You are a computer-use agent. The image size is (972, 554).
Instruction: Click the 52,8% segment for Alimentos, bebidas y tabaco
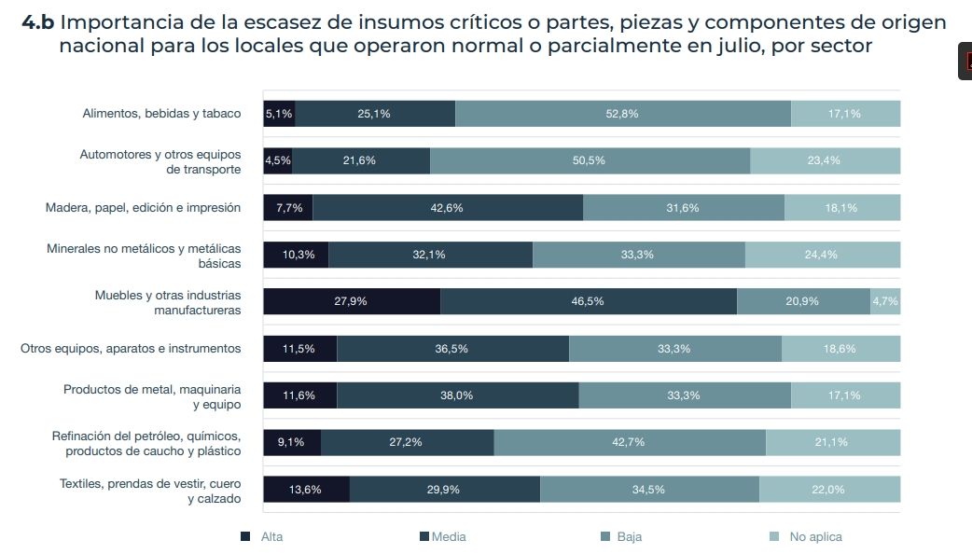(x=622, y=114)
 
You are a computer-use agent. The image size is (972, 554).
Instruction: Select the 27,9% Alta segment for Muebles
(x=351, y=301)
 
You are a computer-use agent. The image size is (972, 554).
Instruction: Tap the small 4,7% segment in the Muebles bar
(x=885, y=301)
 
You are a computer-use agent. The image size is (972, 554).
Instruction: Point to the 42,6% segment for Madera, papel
(x=447, y=208)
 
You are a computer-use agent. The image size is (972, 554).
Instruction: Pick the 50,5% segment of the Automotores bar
(x=589, y=160)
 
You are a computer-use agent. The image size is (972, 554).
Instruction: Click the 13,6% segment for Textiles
(x=306, y=490)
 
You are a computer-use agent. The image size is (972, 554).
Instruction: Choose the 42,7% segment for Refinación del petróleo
(x=629, y=442)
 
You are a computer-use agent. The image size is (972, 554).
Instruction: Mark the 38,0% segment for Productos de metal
(x=457, y=395)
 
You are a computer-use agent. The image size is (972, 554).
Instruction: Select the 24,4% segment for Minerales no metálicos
(x=822, y=255)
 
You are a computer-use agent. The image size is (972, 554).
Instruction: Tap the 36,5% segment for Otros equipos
(x=451, y=349)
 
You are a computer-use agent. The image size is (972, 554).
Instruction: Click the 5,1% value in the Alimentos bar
(x=279, y=114)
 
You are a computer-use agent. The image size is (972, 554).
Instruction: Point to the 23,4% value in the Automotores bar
(x=824, y=160)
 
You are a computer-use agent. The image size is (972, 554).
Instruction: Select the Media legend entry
(x=443, y=537)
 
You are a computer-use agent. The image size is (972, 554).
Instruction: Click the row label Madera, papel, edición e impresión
(x=143, y=208)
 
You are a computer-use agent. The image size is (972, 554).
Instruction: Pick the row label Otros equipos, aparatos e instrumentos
(x=131, y=349)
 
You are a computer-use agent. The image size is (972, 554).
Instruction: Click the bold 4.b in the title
(x=37, y=22)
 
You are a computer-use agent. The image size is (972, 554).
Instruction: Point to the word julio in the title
(x=735, y=46)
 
